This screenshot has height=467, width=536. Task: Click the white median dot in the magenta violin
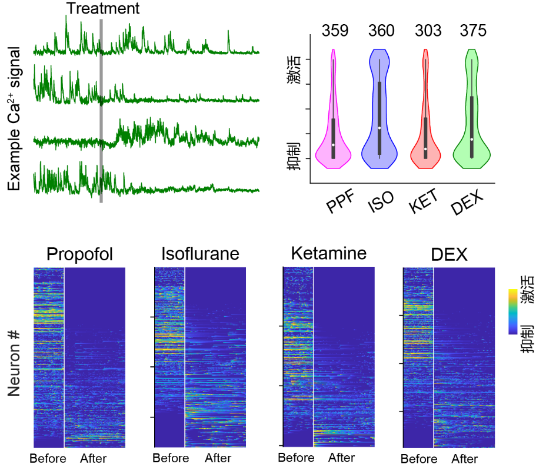point(333,145)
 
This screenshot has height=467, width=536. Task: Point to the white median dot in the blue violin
point(379,128)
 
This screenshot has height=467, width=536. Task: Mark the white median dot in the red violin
point(425,149)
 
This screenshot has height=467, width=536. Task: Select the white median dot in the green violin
point(472,140)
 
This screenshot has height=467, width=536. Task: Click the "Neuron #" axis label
point(14,362)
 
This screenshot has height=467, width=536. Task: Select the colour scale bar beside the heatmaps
point(513,312)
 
